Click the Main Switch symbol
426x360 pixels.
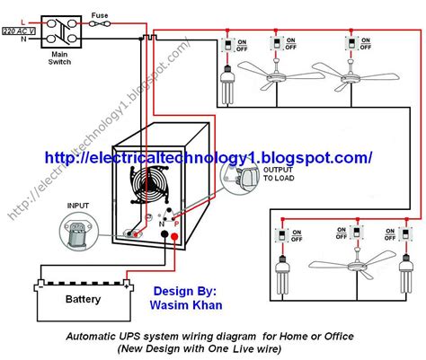click(x=58, y=27)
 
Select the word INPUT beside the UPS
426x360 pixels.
click(x=78, y=206)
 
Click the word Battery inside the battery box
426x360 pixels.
click(x=82, y=299)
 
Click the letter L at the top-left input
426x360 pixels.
click(x=8, y=16)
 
